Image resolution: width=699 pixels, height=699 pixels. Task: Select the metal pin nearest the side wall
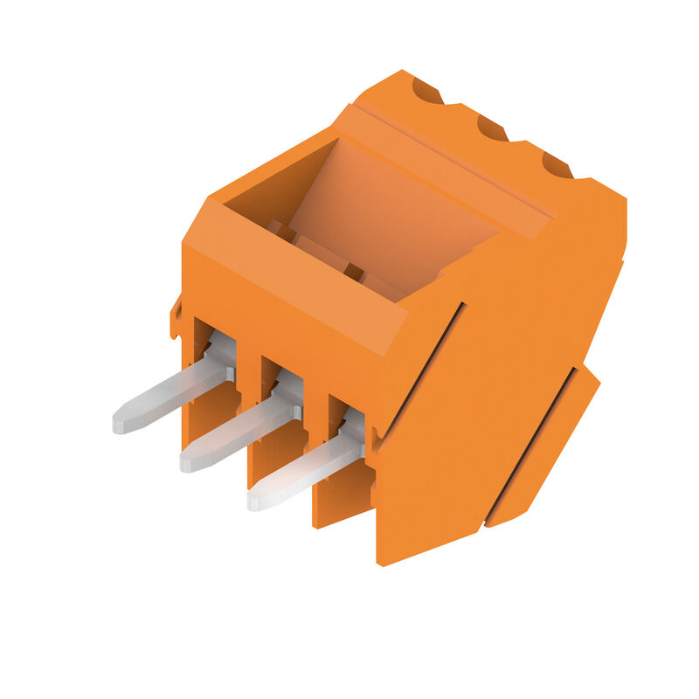[x=306, y=472]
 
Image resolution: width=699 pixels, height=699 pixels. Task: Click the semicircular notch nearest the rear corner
[x=426, y=89]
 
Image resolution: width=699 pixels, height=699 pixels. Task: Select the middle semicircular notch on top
[x=492, y=128]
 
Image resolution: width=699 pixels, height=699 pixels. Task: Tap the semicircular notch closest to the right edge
[x=557, y=164]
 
